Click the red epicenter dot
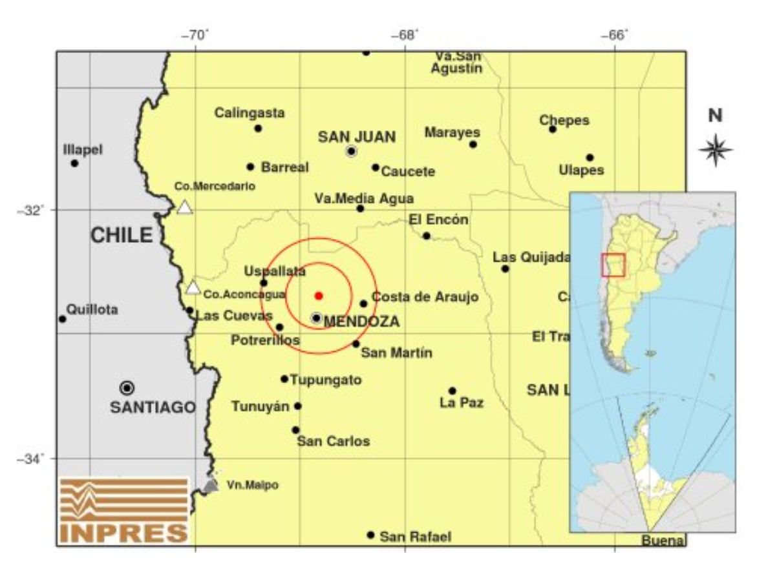[x=319, y=296]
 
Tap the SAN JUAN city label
[x=357, y=137]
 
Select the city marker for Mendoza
[x=316, y=318]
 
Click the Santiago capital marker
[x=127, y=387]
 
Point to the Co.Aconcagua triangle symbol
[x=193, y=288]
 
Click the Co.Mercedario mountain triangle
[x=185, y=207]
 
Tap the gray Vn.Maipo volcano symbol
[x=210, y=485]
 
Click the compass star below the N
[x=716, y=150]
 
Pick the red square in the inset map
[x=613, y=265]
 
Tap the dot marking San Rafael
[x=370, y=535]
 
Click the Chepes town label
[x=564, y=121]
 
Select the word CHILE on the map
[x=122, y=236]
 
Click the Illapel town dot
[x=74, y=163]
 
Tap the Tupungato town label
[x=325, y=380]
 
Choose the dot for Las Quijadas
[x=505, y=269]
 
